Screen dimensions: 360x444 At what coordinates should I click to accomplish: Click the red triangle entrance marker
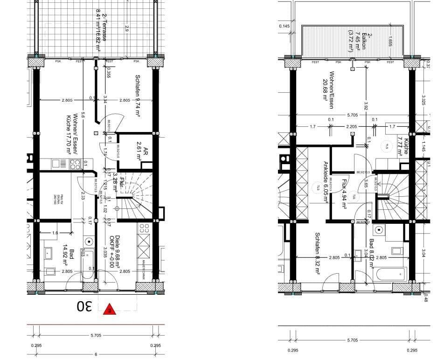[109, 309]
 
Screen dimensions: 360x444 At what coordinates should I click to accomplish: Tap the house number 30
[84, 306]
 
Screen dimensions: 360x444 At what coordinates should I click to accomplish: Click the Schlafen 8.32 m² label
[317, 254]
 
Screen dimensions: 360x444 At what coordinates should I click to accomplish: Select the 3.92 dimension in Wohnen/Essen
[366, 106]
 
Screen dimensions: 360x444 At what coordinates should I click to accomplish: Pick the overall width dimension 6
[97, 355]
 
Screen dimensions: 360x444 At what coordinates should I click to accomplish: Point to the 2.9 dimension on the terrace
[126, 28]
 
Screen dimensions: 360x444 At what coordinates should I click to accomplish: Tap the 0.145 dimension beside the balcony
[284, 26]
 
